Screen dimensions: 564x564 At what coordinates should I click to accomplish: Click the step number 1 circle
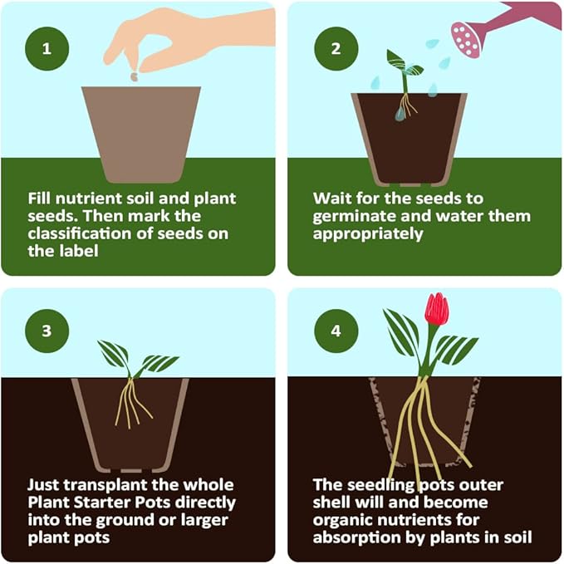[x=47, y=47]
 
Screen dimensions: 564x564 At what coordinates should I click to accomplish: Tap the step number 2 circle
[x=336, y=47]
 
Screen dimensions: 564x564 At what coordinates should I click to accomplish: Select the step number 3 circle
[x=47, y=331]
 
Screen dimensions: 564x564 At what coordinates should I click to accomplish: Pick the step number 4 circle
[x=336, y=331]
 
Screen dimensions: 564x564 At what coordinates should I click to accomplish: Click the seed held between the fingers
[x=135, y=76]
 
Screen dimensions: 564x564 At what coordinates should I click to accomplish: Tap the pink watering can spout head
[x=465, y=38]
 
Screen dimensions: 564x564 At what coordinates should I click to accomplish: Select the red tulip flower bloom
[x=436, y=309]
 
